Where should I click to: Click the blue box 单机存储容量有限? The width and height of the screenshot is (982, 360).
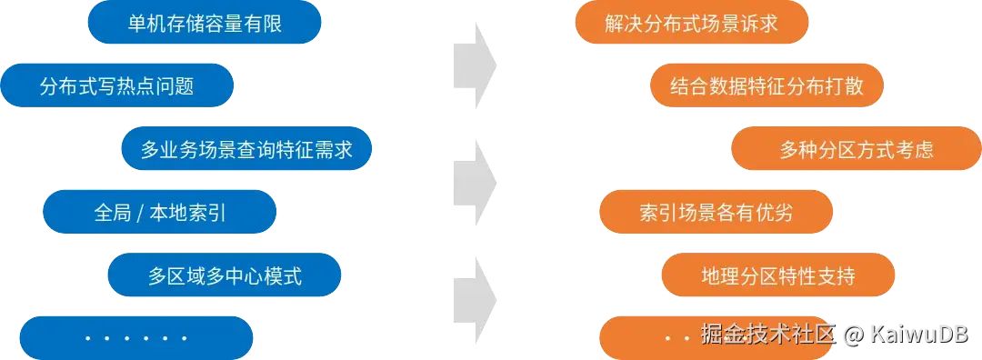pos(205,24)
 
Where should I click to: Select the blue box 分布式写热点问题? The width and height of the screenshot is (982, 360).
pos(117,86)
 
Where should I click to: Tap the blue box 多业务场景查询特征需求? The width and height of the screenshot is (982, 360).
pos(246,149)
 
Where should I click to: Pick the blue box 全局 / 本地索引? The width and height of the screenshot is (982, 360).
pos(159,213)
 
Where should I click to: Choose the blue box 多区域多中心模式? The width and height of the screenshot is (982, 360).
pos(224,275)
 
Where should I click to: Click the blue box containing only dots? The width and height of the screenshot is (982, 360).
pos(135,337)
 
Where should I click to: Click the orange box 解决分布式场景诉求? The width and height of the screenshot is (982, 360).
pos(691,24)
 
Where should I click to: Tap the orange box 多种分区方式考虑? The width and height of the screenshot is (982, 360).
pos(856,149)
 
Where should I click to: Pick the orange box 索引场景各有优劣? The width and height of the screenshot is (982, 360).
pos(716,213)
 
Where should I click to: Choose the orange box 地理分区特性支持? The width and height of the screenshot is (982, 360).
pos(778,275)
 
